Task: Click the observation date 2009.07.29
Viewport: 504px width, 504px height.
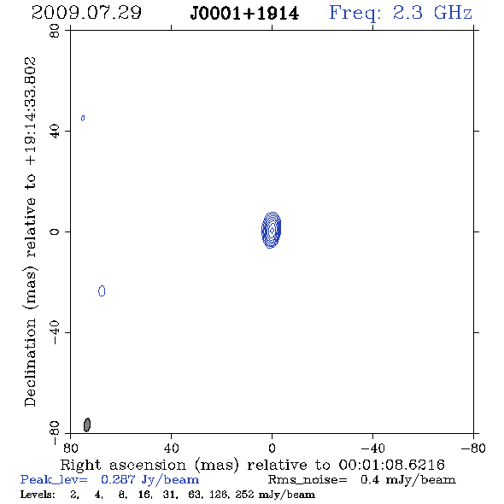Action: [x=86, y=13]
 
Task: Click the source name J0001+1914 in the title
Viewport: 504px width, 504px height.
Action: [x=244, y=14]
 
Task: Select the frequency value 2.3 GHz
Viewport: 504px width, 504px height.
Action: [x=432, y=13]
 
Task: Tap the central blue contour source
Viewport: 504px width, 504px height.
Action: [x=272, y=230]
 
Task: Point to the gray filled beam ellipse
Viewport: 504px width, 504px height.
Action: [x=87, y=425]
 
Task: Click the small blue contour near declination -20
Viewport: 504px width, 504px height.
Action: [x=102, y=291]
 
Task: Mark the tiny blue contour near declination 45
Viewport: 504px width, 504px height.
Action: [x=83, y=118]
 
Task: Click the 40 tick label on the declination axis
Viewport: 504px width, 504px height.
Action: [x=55, y=132]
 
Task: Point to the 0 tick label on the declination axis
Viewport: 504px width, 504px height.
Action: [x=55, y=231]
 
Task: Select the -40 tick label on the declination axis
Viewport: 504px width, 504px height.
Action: [x=55, y=332]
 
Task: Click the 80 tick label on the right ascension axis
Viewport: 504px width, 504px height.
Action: [x=70, y=448]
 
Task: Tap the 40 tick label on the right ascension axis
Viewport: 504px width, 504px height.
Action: [x=171, y=448]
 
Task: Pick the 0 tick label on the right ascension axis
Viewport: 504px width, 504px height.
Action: [x=272, y=448]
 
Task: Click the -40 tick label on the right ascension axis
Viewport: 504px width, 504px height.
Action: [x=372, y=448]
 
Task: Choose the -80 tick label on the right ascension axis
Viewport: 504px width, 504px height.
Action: [x=473, y=448]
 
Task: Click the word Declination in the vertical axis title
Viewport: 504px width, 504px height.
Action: [x=30, y=363]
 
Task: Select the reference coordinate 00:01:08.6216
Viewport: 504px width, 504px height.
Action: [x=392, y=465]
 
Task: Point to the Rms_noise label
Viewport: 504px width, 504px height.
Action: [x=308, y=480]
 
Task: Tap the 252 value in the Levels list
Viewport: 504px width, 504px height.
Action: [x=244, y=495]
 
